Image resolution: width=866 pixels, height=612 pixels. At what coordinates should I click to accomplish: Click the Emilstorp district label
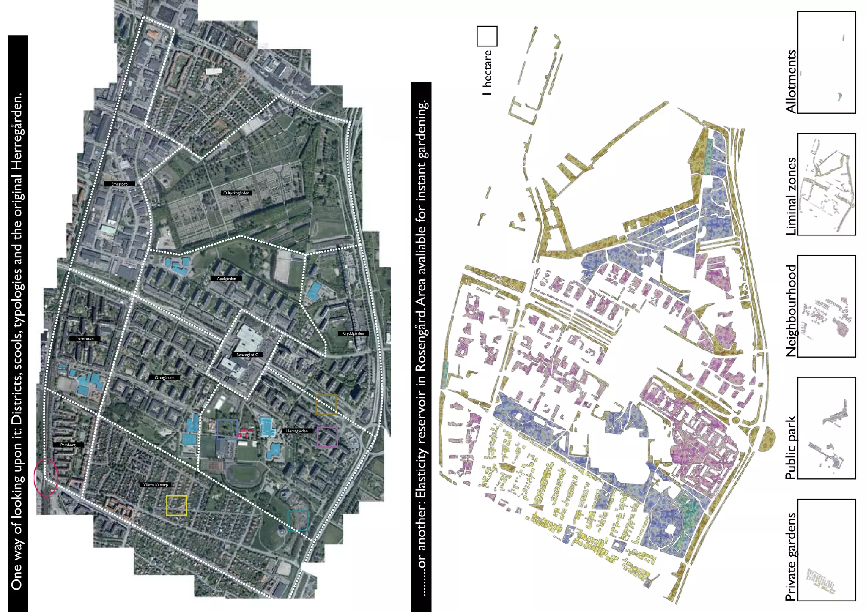pyautogui.click(x=120, y=184)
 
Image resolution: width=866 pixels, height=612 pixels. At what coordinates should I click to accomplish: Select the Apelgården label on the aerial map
pyautogui.click(x=226, y=279)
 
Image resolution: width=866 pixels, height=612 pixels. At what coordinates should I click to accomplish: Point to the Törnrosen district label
pyautogui.click(x=85, y=338)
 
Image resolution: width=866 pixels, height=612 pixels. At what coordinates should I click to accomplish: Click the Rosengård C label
pyautogui.click(x=247, y=355)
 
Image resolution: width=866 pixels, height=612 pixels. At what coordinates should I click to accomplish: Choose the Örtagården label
pyautogui.click(x=164, y=377)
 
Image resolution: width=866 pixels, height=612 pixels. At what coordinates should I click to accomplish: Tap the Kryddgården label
pyautogui.click(x=353, y=333)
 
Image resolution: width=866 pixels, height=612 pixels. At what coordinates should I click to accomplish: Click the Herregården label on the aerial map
pyautogui.click(x=297, y=431)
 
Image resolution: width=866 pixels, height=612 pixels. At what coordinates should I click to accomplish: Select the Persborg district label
pyautogui.click(x=68, y=445)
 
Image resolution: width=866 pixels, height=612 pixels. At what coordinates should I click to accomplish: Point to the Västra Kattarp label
pyautogui.click(x=156, y=484)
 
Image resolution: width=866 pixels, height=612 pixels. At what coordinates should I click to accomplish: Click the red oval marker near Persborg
pyautogui.click(x=46, y=477)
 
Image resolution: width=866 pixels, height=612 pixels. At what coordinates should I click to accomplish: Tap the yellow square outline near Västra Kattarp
pyautogui.click(x=176, y=505)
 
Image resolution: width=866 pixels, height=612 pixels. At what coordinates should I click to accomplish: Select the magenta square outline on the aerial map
pyautogui.click(x=327, y=437)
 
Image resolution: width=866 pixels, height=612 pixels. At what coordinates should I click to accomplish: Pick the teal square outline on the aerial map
pyautogui.click(x=298, y=521)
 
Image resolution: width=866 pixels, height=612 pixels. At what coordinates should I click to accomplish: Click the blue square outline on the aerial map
pyautogui.click(x=227, y=429)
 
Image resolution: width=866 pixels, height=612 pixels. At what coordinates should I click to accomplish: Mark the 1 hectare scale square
pyautogui.click(x=487, y=36)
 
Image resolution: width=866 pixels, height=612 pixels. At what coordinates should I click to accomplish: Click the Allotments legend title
pyautogui.click(x=790, y=82)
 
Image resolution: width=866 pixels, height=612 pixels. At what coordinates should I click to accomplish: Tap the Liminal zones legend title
pyautogui.click(x=790, y=197)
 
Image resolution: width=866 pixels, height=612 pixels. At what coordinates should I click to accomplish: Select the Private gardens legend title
pyautogui.click(x=790, y=557)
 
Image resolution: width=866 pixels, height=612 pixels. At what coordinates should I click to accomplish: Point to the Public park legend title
pyautogui.click(x=790, y=448)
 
